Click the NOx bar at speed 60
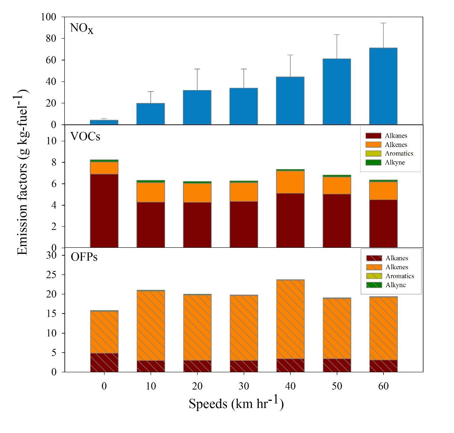point(383,86)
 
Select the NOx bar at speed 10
point(150,114)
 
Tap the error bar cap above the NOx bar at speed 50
point(337,35)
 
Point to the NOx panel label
point(81,28)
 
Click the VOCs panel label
point(85,136)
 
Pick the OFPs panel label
point(84,257)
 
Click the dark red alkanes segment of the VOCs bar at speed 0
point(104,211)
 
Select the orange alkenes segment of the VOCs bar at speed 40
point(290,182)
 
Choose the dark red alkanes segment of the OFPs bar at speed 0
point(104,363)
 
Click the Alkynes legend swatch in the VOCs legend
point(373,162)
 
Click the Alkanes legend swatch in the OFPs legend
point(374,258)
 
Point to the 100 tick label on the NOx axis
point(48,17)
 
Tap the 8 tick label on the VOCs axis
point(54,162)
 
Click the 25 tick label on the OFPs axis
point(51,275)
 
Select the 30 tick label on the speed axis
point(243,386)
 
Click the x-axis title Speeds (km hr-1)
point(236,403)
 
